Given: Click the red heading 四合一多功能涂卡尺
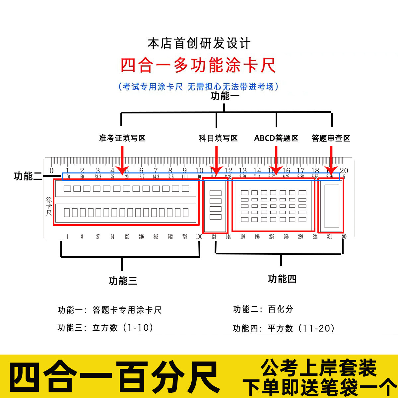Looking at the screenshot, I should point(198,65).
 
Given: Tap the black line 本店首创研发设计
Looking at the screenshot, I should point(199,43).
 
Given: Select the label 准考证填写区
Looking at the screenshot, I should point(122,138).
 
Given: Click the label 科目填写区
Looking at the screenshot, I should point(218,138).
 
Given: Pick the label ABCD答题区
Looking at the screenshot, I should point(276,138).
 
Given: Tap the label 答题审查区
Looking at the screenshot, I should point(331,138).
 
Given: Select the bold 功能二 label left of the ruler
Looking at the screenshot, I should point(28,176).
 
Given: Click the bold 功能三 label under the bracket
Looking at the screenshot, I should point(123,281).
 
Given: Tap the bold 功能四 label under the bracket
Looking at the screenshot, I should point(282,279).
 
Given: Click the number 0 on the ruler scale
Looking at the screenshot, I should point(51,170).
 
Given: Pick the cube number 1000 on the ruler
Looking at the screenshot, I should point(199,236).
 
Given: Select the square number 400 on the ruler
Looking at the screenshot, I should point(344,236).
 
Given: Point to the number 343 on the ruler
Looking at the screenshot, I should point(156,236).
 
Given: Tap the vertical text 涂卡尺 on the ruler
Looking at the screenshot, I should point(49,206).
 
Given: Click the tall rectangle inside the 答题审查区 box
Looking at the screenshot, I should point(332,206).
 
